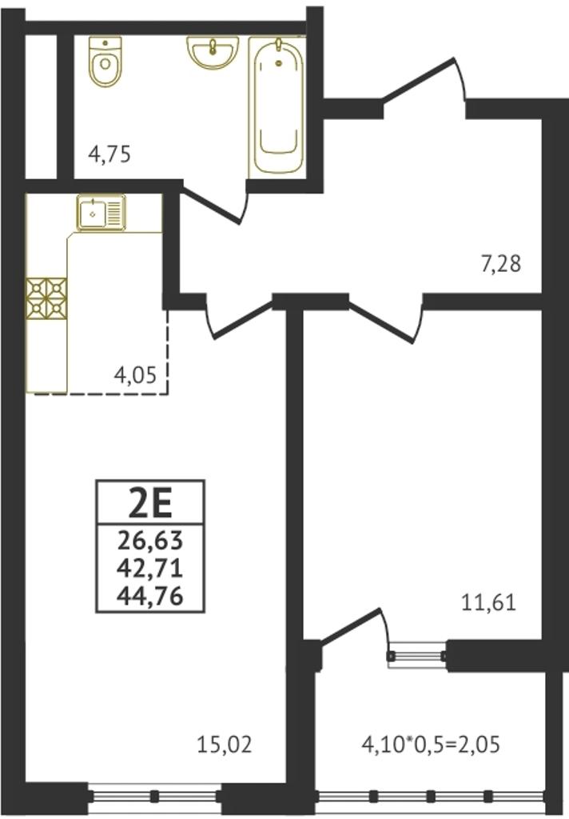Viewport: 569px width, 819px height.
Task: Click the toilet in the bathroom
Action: click(105, 61)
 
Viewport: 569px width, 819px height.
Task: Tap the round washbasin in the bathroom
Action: click(213, 52)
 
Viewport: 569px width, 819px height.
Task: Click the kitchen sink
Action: click(102, 212)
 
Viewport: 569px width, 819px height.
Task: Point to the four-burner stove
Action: click(46, 298)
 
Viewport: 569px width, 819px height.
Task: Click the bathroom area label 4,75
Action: click(109, 155)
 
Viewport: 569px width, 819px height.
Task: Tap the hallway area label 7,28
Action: click(500, 264)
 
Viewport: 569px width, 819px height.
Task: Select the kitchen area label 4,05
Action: click(135, 374)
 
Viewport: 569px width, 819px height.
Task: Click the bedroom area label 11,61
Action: click(488, 603)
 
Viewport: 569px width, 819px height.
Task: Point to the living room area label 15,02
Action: click(225, 745)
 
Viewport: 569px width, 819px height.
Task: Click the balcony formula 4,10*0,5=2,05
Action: click(431, 745)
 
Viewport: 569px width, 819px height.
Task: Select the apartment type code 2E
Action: click(150, 503)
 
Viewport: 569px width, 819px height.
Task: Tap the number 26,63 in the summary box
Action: click(150, 540)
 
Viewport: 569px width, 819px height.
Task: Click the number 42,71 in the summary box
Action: click(150, 568)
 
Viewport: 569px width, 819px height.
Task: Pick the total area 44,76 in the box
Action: click(150, 596)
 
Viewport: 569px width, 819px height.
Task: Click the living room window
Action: click(154, 797)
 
